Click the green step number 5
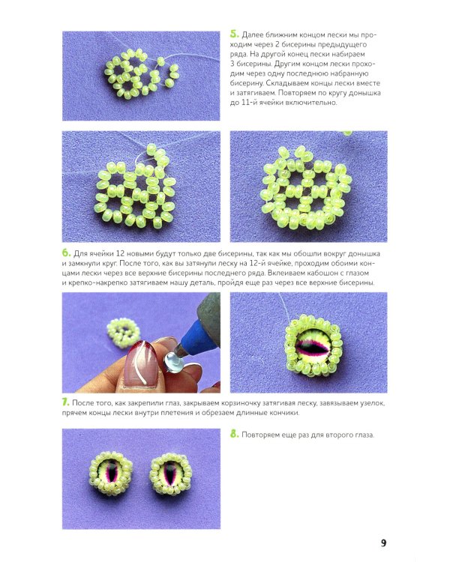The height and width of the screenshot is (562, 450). tap(234, 34)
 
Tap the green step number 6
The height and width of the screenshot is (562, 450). tap(67, 253)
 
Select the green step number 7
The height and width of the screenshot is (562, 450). tap(66, 402)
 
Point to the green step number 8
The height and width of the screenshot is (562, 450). tap(234, 434)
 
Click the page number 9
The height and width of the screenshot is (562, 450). tap(383, 543)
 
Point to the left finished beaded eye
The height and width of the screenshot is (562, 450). tap(111, 474)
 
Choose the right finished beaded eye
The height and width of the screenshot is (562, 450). tap(172, 473)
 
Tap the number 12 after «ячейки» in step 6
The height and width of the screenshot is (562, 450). tap(120, 253)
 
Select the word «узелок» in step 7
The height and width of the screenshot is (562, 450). tap(373, 403)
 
